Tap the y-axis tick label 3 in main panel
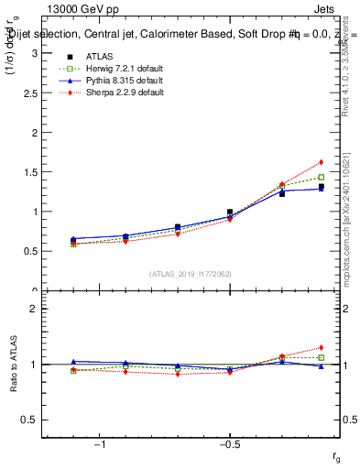(x=35, y=53)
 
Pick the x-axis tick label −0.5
(x=229, y=444)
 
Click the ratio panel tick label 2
(x=35, y=309)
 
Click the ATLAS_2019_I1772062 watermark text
(x=191, y=274)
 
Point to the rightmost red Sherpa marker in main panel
(x=322, y=162)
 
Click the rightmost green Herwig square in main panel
(x=322, y=177)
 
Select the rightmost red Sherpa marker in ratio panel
(x=322, y=348)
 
